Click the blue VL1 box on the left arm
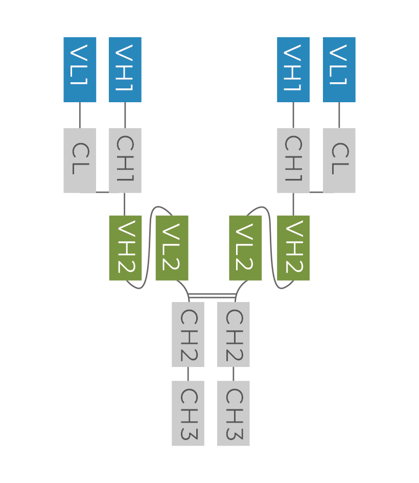(80, 70)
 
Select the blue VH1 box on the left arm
(125, 70)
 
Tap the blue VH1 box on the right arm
(293, 70)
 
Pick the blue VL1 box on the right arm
(339, 70)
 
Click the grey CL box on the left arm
(80, 160)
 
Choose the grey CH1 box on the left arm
(125, 160)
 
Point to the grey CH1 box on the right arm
(293, 160)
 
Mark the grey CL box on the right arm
(339, 160)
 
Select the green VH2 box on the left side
(125, 248)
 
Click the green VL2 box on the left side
(172, 248)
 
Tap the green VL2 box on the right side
(245, 248)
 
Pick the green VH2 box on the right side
(293, 248)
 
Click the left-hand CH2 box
(188, 334)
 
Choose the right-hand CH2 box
(234, 334)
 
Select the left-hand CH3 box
(188, 413)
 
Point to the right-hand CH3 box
(234, 413)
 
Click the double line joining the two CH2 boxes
(212, 295)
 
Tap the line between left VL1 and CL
(80, 115)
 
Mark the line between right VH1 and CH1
(293, 115)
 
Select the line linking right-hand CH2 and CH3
(234, 374)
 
